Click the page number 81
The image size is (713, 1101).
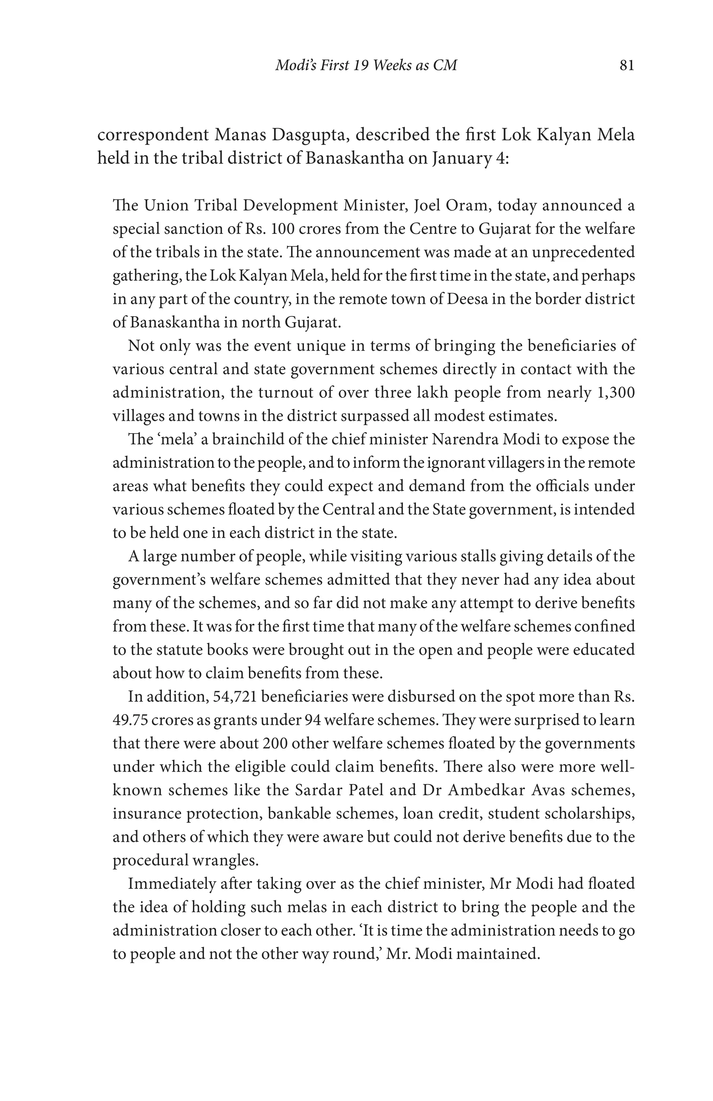coord(626,65)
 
